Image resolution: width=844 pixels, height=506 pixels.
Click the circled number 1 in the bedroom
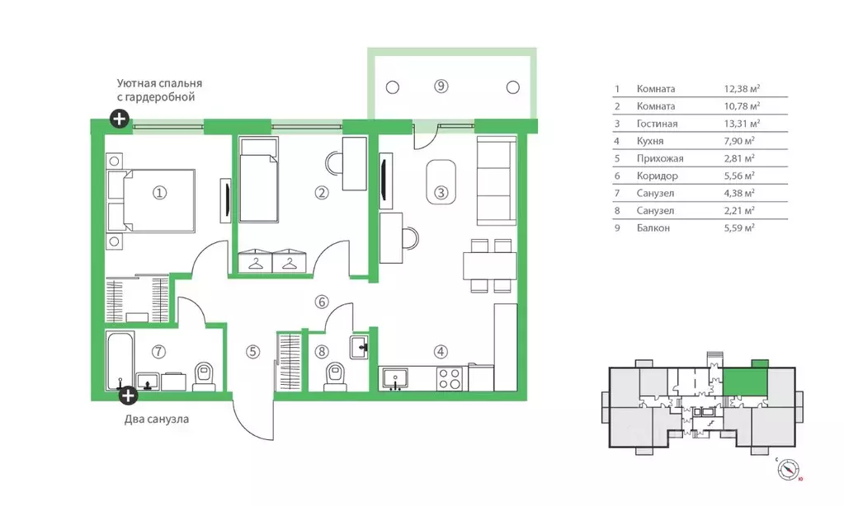coord(159,193)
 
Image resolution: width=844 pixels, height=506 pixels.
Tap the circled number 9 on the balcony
coord(441,86)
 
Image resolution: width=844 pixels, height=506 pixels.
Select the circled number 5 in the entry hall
coord(252,352)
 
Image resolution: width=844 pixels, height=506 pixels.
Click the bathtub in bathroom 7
coord(120,361)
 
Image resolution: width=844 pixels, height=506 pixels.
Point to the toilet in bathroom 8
coord(334,377)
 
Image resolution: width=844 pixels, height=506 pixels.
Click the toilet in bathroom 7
coord(204,377)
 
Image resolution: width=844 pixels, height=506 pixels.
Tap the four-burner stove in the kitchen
coord(450,378)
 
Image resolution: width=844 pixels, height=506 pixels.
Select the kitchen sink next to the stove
coord(395,378)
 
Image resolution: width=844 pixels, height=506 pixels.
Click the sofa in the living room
coord(497,180)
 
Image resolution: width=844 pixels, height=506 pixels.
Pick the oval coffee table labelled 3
coord(441,182)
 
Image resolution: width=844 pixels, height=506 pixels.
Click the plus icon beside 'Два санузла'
coord(128,396)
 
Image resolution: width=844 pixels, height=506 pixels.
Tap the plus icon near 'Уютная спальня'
coord(120,119)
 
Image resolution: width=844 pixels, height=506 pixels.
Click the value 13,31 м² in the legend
coord(742,124)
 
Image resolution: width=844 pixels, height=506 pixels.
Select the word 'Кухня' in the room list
coord(650,141)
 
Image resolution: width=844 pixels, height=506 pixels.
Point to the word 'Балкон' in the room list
coord(653,228)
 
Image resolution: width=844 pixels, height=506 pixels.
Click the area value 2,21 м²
coord(739,211)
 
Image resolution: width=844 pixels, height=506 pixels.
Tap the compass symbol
coord(789,470)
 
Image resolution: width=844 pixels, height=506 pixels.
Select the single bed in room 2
coord(259,180)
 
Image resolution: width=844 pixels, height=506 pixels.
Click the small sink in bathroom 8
coord(359,347)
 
